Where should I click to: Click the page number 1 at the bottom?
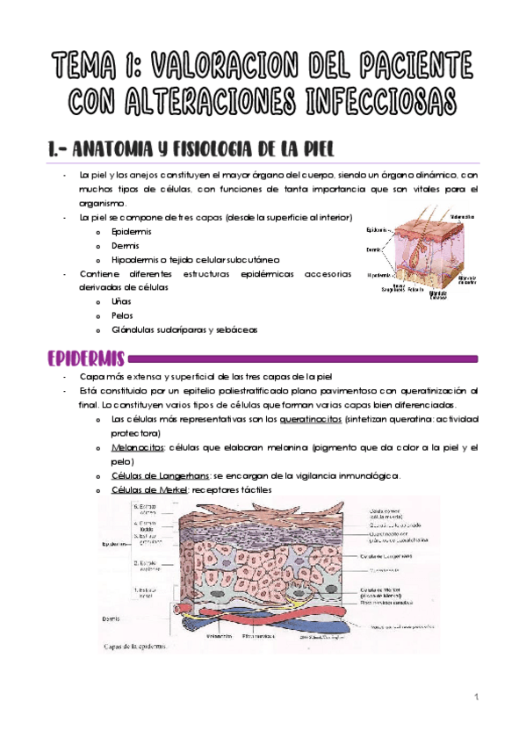coord(474,698)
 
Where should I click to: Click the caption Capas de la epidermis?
coord(141,647)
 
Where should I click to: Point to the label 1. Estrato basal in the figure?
coord(145,594)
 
